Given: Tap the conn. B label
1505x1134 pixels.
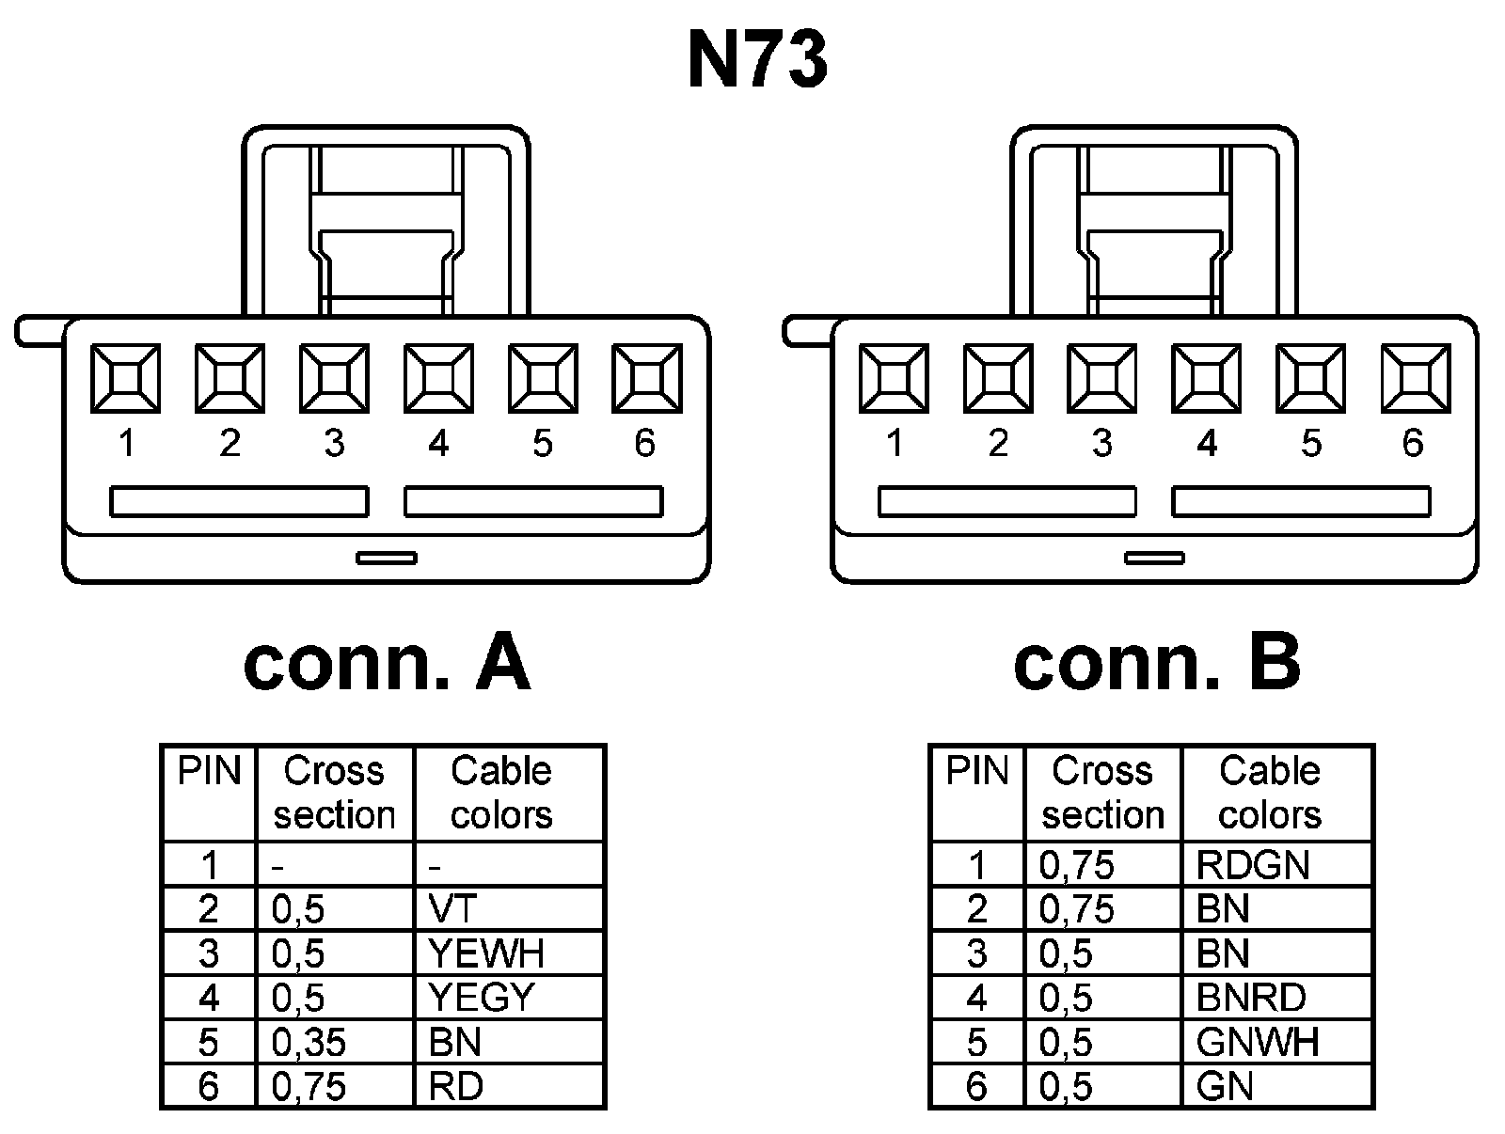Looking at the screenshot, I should click(x=1156, y=663).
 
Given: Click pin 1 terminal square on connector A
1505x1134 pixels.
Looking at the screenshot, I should click(x=125, y=378).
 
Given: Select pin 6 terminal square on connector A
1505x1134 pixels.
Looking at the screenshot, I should click(x=646, y=378).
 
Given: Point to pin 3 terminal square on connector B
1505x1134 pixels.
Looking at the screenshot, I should click(x=1102, y=378).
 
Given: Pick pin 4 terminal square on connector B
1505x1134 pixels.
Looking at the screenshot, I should click(x=1207, y=378).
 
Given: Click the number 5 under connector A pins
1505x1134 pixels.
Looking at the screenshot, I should click(x=542, y=444).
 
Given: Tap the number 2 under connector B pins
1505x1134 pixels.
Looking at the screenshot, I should click(x=998, y=444).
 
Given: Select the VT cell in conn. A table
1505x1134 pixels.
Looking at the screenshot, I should click(x=508, y=908).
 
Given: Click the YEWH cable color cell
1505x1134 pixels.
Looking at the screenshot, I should click(x=508, y=953).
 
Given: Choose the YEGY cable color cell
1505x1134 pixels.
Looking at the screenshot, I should click(x=508, y=998).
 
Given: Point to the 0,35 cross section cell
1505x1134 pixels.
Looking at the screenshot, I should click(x=334, y=1042).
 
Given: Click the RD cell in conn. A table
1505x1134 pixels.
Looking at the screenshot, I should click(x=508, y=1087).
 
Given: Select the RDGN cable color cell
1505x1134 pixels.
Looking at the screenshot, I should click(x=1276, y=864).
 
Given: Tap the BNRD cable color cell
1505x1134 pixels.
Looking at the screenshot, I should click(x=1276, y=998).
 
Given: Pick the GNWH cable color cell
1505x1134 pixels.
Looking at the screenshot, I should click(x=1276, y=1042).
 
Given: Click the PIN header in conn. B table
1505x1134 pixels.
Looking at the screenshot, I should click(x=977, y=773).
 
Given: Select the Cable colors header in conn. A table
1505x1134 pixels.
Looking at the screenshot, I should click(x=501, y=793).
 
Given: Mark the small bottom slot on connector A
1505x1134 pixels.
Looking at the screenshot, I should click(x=387, y=559).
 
